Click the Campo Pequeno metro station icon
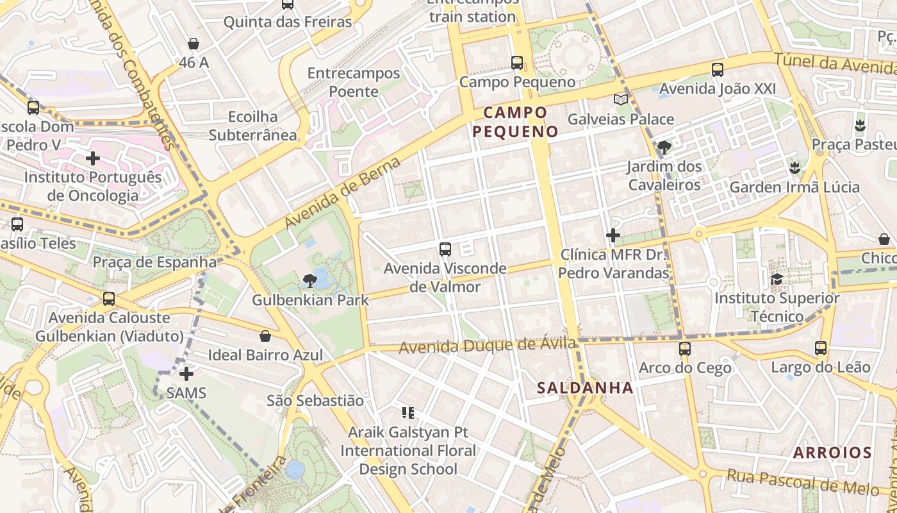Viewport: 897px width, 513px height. [517, 63]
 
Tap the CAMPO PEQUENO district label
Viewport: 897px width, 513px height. [516, 122]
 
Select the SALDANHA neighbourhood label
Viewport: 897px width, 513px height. [585, 387]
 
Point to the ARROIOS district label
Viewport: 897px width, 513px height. [832, 453]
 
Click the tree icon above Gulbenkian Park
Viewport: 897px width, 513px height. [310, 280]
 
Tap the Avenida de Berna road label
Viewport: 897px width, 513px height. [343, 192]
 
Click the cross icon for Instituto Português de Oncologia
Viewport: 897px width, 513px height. [93, 158]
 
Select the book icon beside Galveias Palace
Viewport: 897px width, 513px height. [620, 99]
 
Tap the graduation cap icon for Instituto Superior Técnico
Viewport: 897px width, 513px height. [777, 279]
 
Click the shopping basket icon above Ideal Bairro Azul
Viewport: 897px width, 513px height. [265, 335]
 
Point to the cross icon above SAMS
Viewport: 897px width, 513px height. [186, 373]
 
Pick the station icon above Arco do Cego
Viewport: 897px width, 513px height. [685, 348]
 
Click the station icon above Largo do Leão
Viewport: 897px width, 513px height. [821, 348]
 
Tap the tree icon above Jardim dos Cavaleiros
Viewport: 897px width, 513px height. [664, 147]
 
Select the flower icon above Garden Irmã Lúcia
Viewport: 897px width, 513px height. [795, 168]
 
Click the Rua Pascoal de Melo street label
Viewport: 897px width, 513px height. [802, 482]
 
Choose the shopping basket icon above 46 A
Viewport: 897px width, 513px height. [193, 44]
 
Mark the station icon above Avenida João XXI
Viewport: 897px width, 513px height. [718, 69]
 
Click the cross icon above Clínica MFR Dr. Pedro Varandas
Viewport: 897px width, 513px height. [613, 235]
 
